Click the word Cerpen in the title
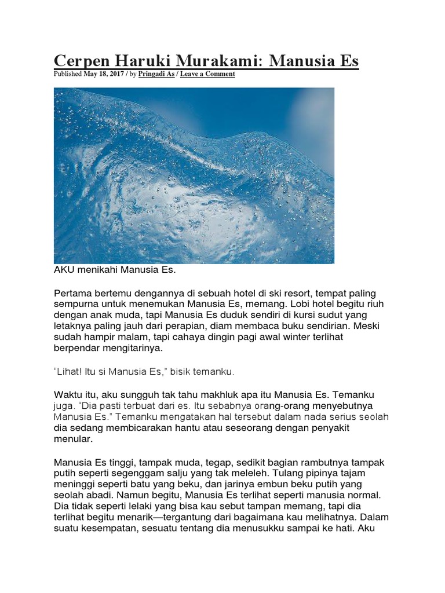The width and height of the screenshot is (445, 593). (x=81, y=61)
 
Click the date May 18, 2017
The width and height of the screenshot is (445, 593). (x=104, y=74)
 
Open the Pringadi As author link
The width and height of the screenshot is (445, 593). (x=155, y=74)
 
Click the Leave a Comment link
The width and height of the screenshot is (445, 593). (x=207, y=74)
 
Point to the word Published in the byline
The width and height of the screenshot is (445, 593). (x=68, y=74)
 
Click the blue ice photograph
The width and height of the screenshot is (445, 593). (x=194, y=175)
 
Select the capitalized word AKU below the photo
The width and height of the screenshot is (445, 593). (x=65, y=270)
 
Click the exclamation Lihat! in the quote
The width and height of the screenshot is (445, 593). (x=70, y=371)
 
